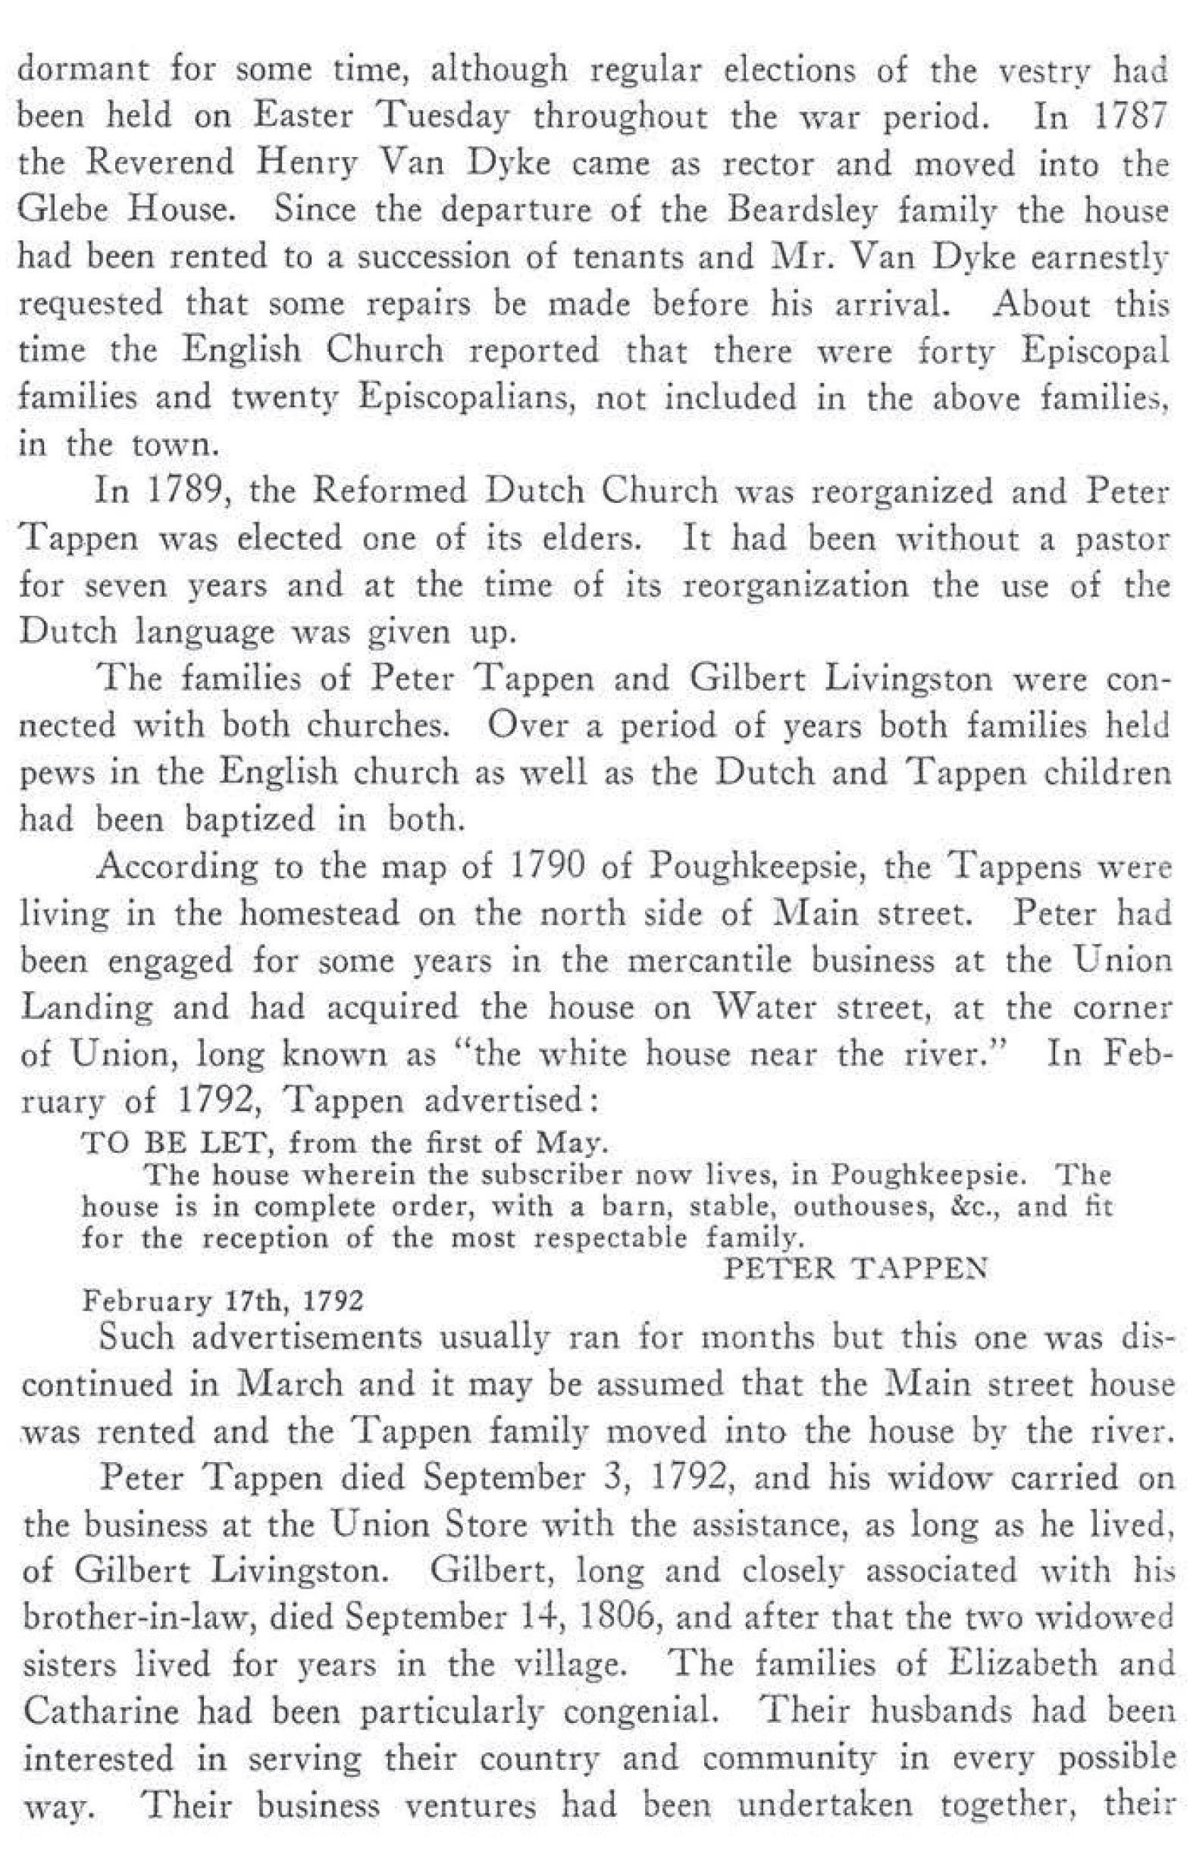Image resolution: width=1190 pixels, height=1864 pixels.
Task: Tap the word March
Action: [287, 1382]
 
